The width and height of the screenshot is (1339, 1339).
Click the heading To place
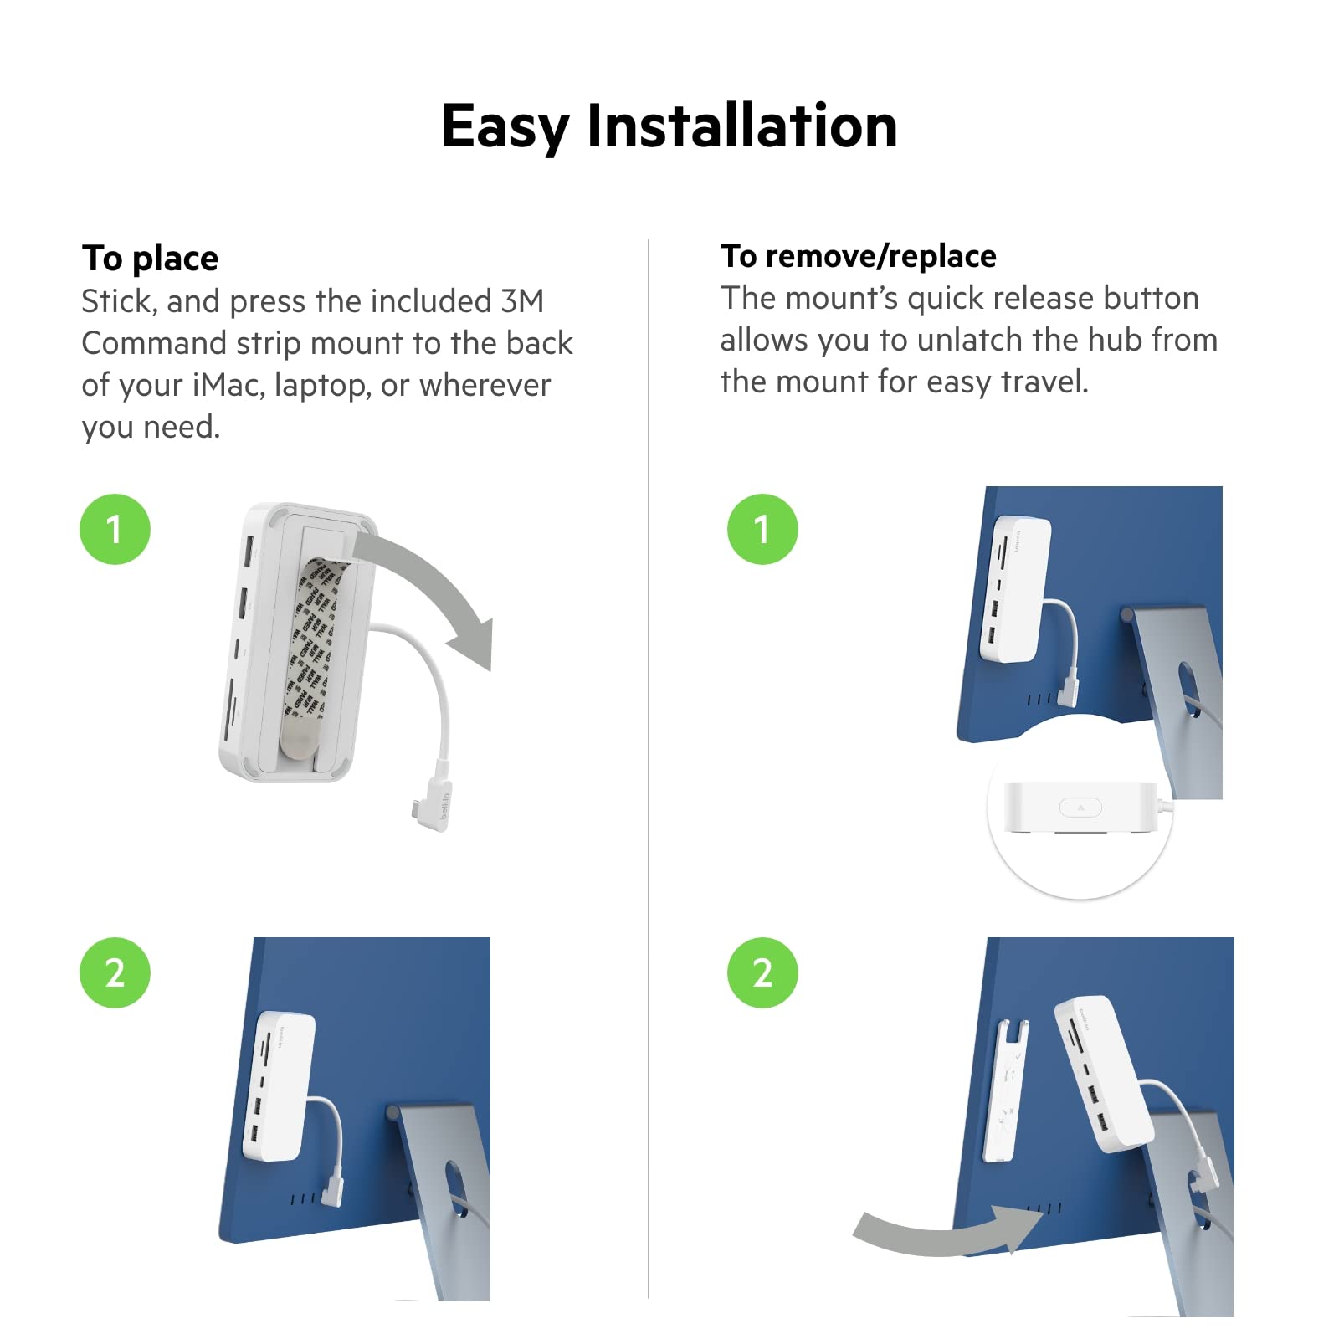tap(150, 259)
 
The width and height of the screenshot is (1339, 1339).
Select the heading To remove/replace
tap(858, 256)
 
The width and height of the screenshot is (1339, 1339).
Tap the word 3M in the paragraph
tap(522, 301)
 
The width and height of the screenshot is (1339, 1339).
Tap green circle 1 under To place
tap(115, 529)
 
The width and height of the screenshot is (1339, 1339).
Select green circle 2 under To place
tap(115, 972)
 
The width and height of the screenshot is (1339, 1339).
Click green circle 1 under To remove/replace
tap(762, 529)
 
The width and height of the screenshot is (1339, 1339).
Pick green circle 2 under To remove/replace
tap(762, 972)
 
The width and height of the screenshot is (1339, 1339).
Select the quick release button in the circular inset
tap(1080, 808)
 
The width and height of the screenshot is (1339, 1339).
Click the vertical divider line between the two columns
tap(649, 753)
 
